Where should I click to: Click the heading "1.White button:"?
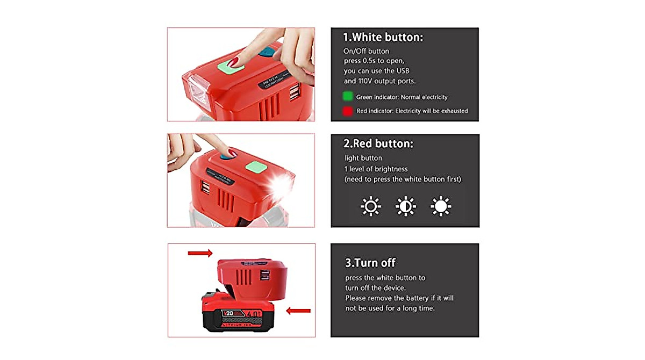[383, 38]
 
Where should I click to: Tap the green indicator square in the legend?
[347, 97]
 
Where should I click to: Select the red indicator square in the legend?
[347, 111]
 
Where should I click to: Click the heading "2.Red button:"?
[378, 143]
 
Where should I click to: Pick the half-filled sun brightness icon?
[406, 206]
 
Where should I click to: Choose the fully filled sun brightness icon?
[441, 206]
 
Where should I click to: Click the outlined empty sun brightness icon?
[371, 206]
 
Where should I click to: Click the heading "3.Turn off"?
[370, 263]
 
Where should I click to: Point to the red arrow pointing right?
[200, 253]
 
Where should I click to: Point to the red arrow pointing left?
[298, 311]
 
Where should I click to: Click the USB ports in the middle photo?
[206, 186]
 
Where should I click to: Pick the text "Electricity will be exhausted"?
[432, 111]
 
